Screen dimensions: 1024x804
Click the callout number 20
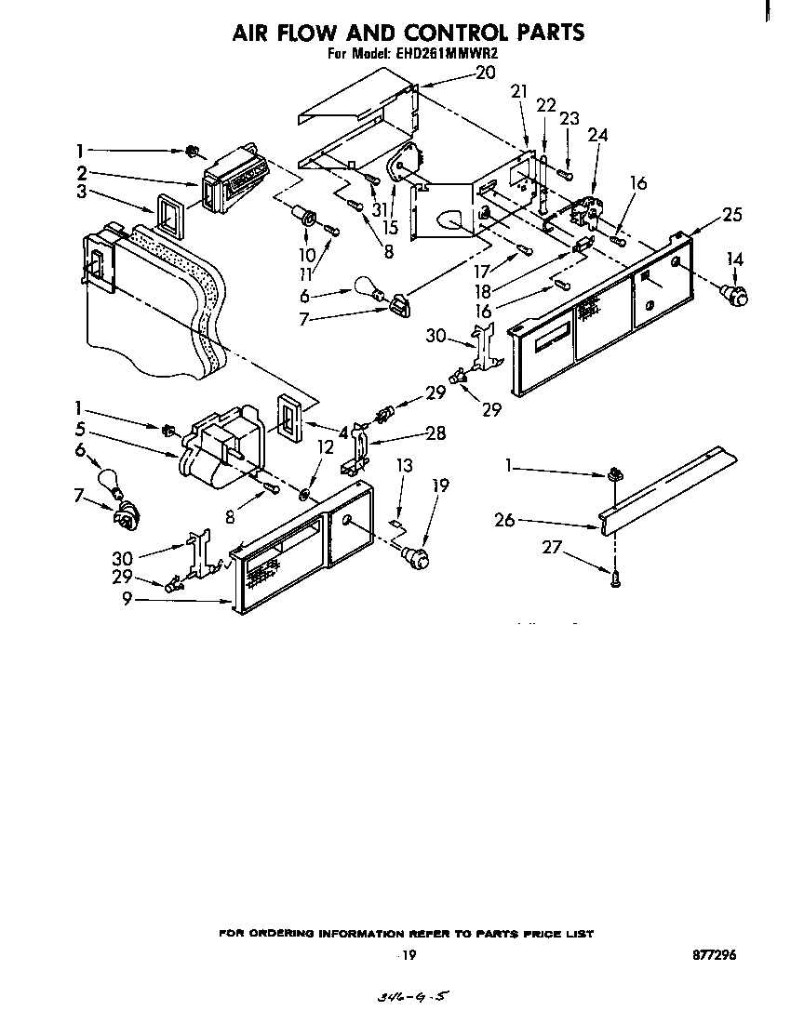pyautogui.click(x=485, y=72)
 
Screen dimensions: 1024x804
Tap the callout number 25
pyautogui.click(x=732, y=215)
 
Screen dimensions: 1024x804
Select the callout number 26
pyautogui.click(x=504, y=521)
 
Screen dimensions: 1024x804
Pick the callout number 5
pyautogui.click(x=82, y=431)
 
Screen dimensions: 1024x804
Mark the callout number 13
pyautogui.click(x=404, y=465)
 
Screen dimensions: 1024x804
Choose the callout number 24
pyautogui.click(x=597, y=135)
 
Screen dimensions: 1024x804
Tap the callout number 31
pyautogui.click(x=379, y=210)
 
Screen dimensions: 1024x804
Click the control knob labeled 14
pyautogui.click(x=736, y=296)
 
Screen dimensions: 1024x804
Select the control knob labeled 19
pyautogui.click(x=418, y=557)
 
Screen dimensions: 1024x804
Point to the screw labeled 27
pyautogui.click(x=616, y=578)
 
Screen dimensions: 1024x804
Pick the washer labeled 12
pyautogui.click(x=307, y=489)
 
